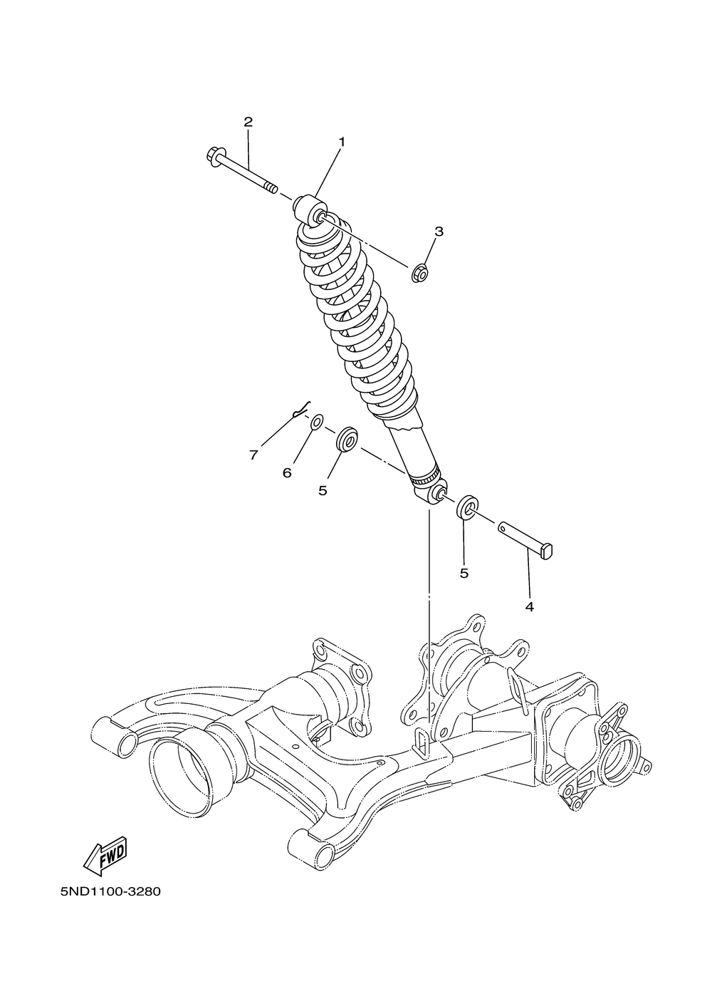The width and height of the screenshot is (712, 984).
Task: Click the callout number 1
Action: [341, 142]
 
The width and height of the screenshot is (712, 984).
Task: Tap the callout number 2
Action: [248, 122]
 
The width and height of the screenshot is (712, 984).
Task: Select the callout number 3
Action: [439, 231]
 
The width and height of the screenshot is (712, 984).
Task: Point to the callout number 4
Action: [529, 606]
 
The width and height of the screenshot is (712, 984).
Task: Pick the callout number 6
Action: [287, 472]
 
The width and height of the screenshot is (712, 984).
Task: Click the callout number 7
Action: [253, 455]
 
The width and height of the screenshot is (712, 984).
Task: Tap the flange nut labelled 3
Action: [420, 271]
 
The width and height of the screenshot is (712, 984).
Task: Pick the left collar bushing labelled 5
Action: [348, 440]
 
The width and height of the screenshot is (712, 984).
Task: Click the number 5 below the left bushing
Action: [323, 490]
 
